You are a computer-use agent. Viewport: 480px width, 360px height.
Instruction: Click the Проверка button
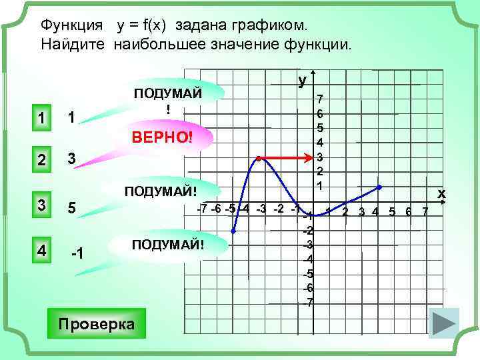97,324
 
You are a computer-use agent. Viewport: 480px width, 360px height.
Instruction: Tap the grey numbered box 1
41,119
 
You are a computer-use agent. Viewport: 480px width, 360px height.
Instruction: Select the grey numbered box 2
41,160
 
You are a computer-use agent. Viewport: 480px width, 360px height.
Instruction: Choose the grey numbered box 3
41,207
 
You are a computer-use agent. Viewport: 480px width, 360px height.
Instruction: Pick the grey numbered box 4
41,252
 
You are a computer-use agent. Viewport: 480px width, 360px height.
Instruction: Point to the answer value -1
77,254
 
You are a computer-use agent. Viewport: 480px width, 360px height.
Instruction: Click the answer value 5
72,208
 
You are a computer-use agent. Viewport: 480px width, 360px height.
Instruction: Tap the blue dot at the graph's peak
258,159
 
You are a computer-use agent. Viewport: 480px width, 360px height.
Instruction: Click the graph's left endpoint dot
233,231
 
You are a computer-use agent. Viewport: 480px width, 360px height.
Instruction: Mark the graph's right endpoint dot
379,187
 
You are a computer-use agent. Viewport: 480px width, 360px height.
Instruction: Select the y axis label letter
303,80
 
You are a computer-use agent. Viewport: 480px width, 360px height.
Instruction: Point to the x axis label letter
441,193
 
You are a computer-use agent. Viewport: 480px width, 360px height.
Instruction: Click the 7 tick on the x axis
425,212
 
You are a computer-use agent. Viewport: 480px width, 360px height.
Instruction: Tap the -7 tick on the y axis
309,302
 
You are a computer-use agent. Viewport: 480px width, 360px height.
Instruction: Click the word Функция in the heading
72,25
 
